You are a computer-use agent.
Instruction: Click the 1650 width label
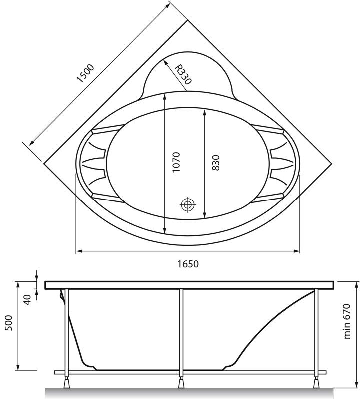[x=188, y=264]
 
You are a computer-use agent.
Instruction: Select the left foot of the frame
[x=66, y=383]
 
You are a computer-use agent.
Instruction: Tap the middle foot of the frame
[x=181, y=383]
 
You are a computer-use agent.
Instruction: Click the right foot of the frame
[x=315, y=383]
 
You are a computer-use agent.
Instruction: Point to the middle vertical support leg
[x=181, y=329]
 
